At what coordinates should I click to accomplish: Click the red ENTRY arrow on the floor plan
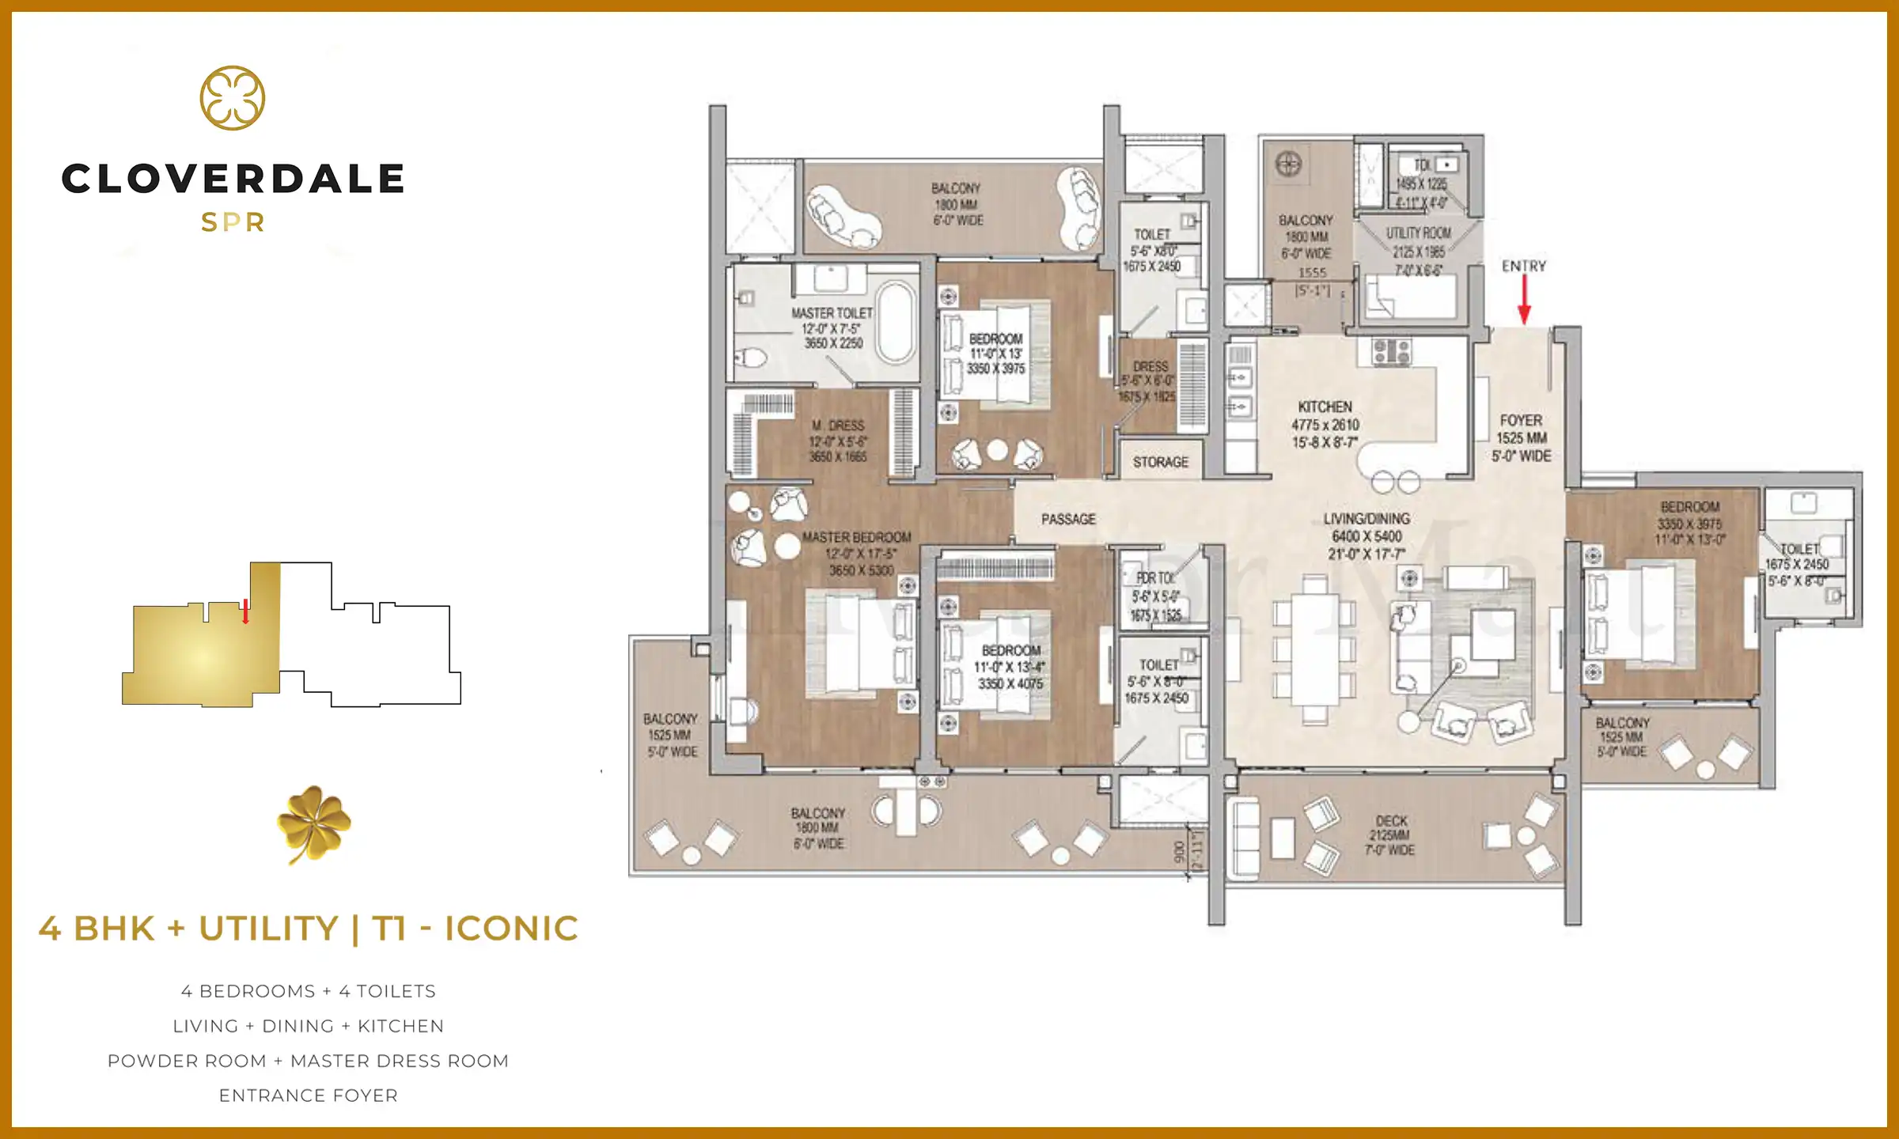[1524, 301]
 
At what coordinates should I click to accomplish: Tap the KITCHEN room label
[1325, 407]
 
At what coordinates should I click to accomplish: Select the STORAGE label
[1160, 462]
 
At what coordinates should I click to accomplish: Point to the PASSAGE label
[1068, 520]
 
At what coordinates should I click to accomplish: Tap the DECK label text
[1391, 821]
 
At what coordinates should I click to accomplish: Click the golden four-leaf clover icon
[314, 823]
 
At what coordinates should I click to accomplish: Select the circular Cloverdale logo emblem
[233, 98]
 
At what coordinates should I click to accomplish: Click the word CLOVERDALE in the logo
[233, 179]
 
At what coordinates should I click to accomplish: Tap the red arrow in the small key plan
[246, 611]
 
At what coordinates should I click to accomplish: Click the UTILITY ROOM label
[1418, 233]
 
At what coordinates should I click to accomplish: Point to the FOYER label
[1521, 421]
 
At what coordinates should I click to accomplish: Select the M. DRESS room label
[837, 426]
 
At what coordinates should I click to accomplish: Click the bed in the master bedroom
[859, 645]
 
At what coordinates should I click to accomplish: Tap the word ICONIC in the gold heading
[511, 929]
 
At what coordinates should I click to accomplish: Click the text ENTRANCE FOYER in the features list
[309, 1095]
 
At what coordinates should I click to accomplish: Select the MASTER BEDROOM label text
[857, 538]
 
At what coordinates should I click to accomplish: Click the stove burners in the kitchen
[1392, 351]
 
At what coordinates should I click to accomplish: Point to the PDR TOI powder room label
[1155, 578]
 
